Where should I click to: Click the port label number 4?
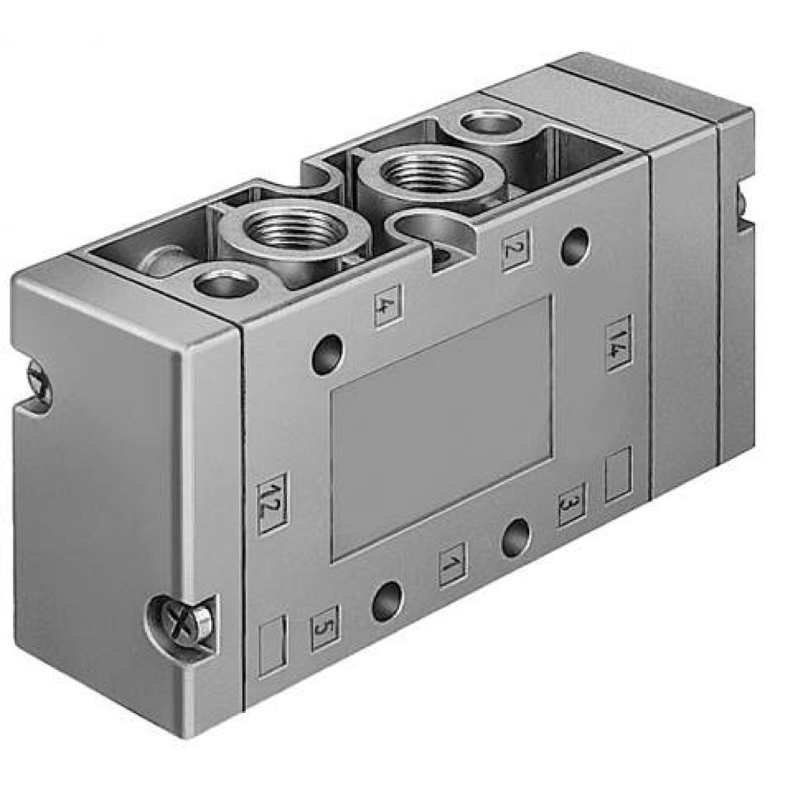[x=387, y=305]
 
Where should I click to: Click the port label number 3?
[x=571, y=504]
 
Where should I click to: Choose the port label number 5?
[x=324, y=627]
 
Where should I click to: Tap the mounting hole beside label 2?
[x=575, y=245]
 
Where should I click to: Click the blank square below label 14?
[x=618, y=473]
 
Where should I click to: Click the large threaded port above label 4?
[x=296, y=231]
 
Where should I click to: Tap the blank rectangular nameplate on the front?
[x=440, y=428]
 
